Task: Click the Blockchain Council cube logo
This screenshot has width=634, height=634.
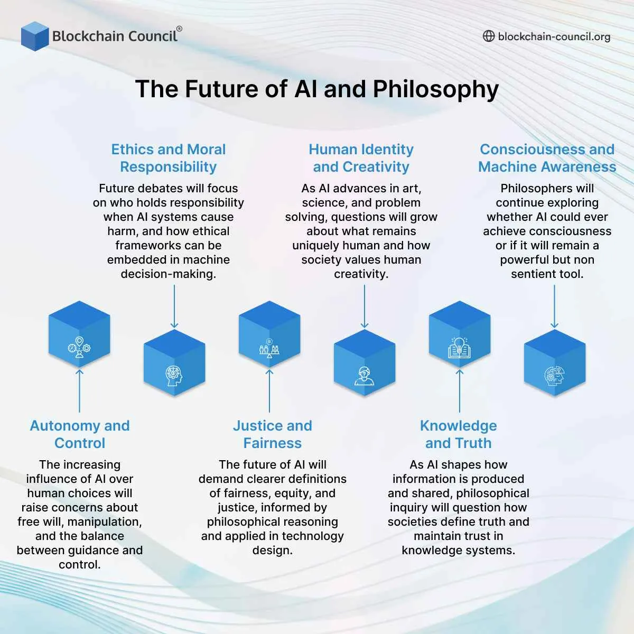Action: click(35, 36)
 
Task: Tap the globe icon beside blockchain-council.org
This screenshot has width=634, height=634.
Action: click(489, 36)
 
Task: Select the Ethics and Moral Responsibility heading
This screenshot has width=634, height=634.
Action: click(169, 158)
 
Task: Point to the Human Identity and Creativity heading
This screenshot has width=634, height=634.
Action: click(361, 158)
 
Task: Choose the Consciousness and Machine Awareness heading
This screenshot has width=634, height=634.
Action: click(547, 158)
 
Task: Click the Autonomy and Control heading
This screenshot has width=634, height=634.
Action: click(80, 434)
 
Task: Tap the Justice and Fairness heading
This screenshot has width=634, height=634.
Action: click(273, 434)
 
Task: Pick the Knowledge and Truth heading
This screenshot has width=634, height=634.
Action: click(459, 434)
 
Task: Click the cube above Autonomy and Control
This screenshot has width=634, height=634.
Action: click(79, 335)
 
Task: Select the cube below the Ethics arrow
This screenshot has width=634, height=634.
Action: click(174, 363)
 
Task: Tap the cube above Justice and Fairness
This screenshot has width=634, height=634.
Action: click(269, 335)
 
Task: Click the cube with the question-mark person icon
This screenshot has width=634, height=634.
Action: click(365, 363)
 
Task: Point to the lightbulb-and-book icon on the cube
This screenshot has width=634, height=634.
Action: click(459, 348)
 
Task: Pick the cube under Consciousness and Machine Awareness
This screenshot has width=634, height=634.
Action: click(555, 363)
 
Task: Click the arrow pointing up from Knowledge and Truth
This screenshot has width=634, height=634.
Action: click(460, 391)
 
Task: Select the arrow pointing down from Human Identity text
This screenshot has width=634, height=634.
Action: click(365, 306)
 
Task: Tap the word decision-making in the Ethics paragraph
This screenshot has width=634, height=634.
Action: click(169, 274)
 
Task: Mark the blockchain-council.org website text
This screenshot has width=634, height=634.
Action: click(554, 36)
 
